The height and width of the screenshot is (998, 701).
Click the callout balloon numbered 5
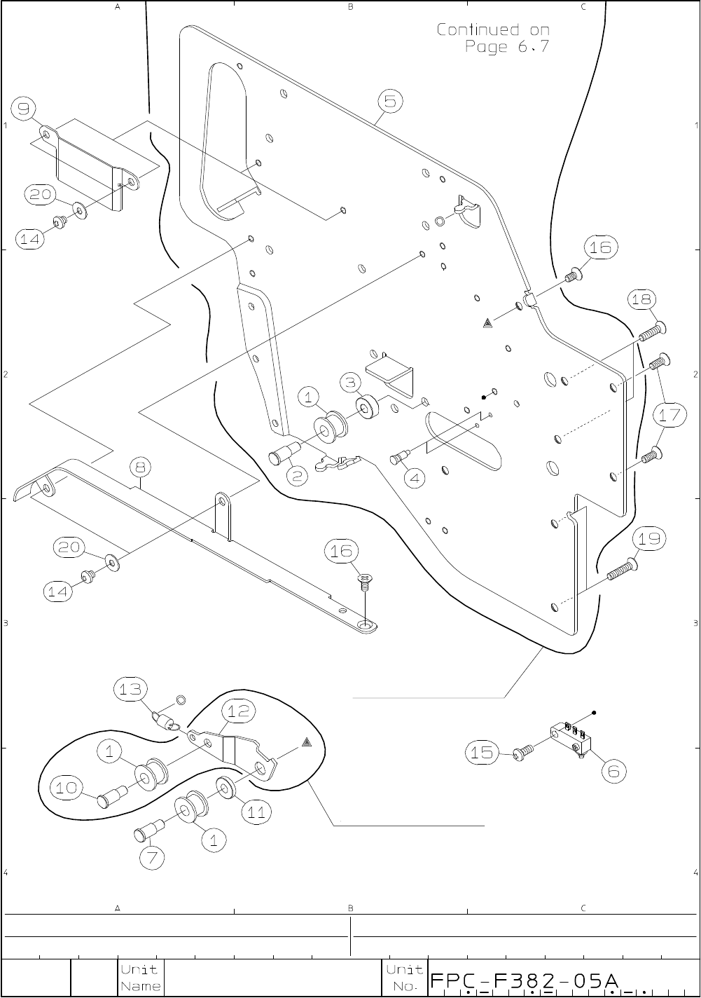click(390, 101)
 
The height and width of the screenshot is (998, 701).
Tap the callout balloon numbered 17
click(669, 415)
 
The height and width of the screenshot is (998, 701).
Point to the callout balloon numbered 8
click(141, 467)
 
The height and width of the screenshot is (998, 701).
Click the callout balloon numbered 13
click(130, 689)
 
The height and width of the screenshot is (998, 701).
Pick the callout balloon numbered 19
click(649, 539)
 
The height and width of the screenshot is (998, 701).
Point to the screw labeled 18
click(653, 332)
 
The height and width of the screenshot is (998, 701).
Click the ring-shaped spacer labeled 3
click(367, 406)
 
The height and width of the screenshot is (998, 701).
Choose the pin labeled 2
click(281, 453)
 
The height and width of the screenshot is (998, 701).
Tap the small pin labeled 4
click(399, 458)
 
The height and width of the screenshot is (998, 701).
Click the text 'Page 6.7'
click(507, 46)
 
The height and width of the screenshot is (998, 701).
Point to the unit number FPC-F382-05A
click(525, 981)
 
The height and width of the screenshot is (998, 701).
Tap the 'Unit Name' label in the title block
click(140, 978)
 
